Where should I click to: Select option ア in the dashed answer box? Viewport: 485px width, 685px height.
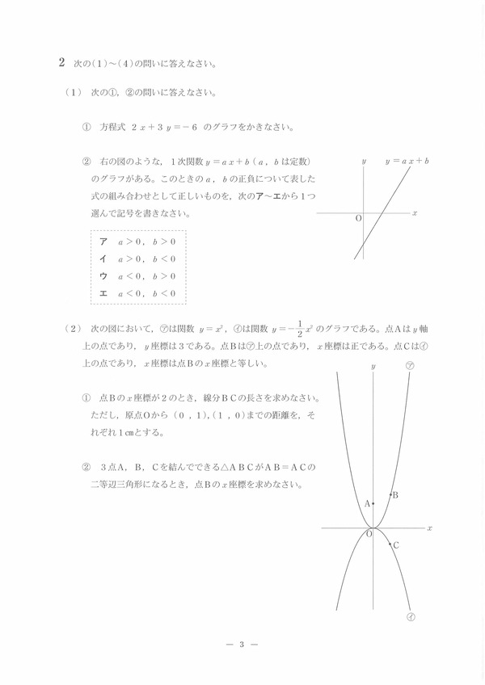(x=103, y=242)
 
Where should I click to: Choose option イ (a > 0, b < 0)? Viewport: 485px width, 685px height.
(x=103, y=258)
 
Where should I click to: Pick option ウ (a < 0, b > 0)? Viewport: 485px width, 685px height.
(x=103, y=275)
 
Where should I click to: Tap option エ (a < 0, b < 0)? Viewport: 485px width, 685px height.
(x=103, y=292)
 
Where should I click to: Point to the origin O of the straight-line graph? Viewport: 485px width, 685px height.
(x=358, y=219)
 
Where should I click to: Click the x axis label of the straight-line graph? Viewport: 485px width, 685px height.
(x=414, y=213)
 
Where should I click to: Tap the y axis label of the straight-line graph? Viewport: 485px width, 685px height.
(x=364, y=162)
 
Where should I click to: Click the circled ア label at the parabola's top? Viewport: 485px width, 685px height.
(x=410, y=366)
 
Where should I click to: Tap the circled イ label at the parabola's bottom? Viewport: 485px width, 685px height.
(x=411, y=618)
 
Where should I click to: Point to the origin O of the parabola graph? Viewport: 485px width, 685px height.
(x=369, y=533)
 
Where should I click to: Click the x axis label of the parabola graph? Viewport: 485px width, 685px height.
(x=429, y=528)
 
